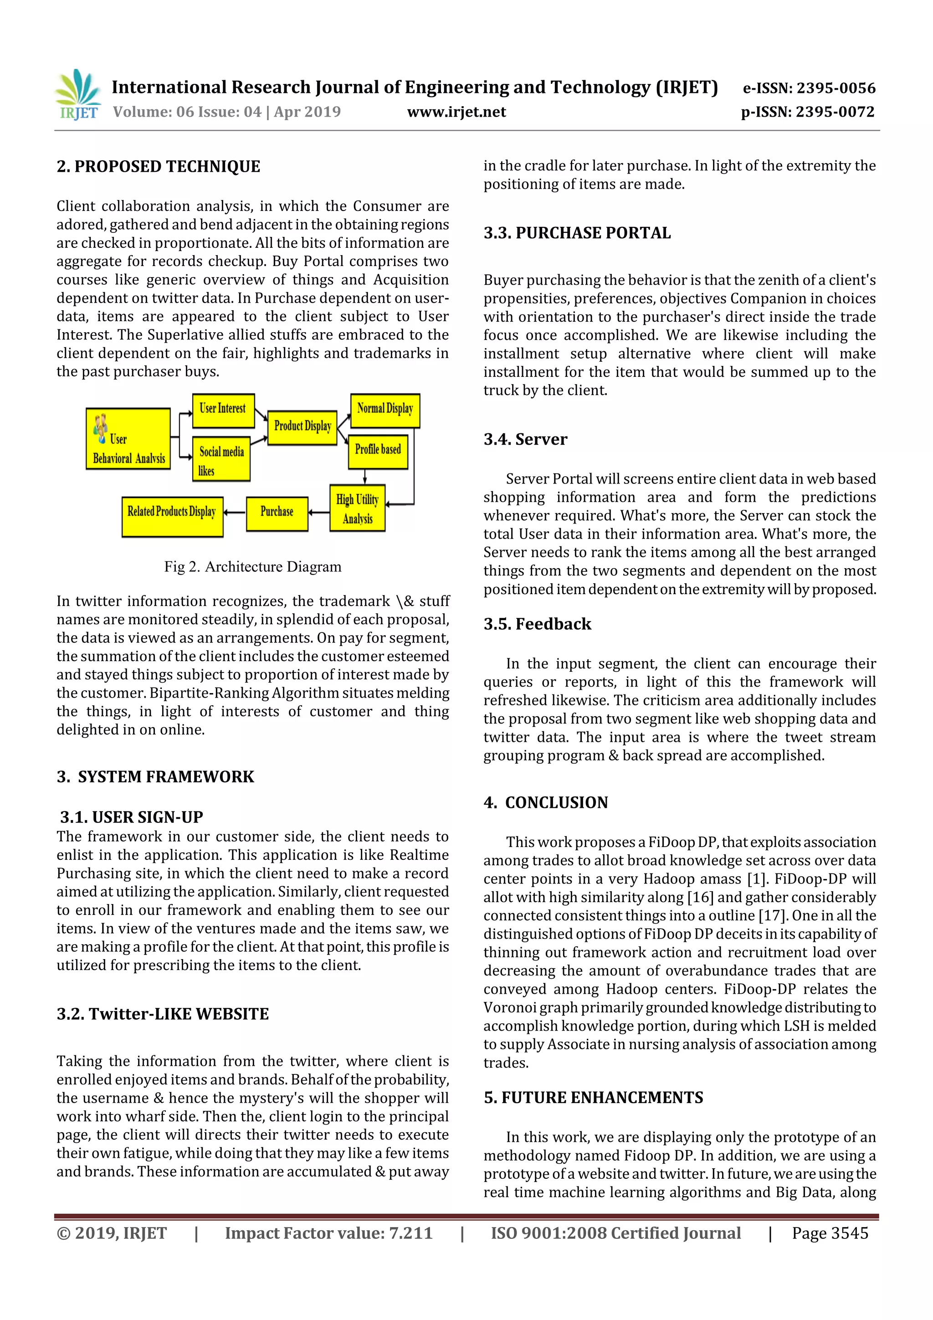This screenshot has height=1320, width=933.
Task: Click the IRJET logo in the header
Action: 78,95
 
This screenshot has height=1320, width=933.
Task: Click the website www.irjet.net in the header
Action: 456,112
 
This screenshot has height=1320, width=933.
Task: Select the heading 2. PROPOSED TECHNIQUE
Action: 159,167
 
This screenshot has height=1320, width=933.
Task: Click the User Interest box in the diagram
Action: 223,410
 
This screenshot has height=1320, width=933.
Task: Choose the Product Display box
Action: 302,427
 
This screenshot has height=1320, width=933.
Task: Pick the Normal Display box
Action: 384,410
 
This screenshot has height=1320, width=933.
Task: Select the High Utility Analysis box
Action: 357,508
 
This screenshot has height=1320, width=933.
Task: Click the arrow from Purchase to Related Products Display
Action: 234,512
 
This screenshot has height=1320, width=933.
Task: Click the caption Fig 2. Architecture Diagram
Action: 252,567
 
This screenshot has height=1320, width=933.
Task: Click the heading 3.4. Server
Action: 525,439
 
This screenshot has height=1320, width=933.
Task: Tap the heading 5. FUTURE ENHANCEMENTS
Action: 593,1098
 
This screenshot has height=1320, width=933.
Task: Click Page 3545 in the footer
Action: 830,1233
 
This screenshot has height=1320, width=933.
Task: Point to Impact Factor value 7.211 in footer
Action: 328,1233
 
